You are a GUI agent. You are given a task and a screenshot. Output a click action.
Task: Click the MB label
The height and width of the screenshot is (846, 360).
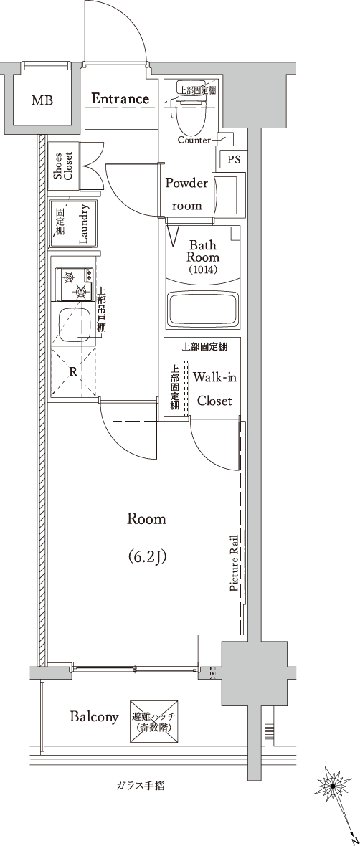42,100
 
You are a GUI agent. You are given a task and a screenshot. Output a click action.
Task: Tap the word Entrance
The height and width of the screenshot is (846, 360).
120,99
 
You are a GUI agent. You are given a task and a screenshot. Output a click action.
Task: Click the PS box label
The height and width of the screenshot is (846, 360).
233,160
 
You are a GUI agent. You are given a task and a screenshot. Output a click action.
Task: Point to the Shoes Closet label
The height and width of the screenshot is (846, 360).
63,166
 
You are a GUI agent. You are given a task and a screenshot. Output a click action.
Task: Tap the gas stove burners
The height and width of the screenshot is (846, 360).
76,285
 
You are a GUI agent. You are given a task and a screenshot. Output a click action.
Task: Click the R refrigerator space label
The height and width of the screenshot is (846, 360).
72,372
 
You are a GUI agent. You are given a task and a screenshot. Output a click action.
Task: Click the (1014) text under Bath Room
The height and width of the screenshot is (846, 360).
203,270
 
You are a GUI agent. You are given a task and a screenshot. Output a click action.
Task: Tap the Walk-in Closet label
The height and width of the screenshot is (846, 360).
214,389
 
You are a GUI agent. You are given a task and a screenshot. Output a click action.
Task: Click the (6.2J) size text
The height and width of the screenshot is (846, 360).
146,556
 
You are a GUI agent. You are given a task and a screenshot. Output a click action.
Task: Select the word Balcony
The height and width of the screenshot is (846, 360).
94,717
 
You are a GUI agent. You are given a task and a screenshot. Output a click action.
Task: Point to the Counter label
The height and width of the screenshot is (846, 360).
195,141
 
